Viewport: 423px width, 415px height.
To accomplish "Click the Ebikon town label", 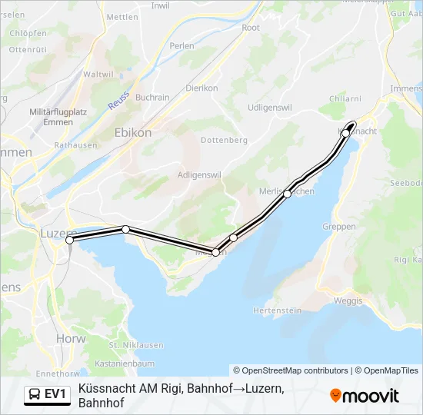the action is pyautogui.click(x=133, y=132).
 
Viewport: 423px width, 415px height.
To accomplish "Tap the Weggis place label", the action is pyautogui.click(x=348, y=300).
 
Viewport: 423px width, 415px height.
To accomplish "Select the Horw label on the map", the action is pyautogui.click(x=71, y=338).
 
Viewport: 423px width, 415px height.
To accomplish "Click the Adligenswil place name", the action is pyautogui.click(x=199, y=174).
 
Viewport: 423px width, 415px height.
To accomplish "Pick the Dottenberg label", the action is pyautogui.click(x=224, y=141).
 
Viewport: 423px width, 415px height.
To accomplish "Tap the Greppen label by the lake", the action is pyautogui.click(x=340, y=227).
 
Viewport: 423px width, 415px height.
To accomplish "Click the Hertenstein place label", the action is pyautogui.click(x=276, y=310).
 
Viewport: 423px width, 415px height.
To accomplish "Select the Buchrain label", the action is pyautogui.click(x=152, y=98).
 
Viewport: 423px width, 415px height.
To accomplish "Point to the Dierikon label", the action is pyautogui.click(x=202, y=88).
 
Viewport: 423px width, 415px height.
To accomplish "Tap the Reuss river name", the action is pyautogui.click(x=118, y=101).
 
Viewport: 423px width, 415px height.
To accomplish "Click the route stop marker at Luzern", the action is pyautogui.click(x=70, y=241).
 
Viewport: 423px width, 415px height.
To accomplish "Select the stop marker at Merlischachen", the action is pyautogui.click(x=287, y=194).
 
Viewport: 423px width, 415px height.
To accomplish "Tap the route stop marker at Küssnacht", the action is pyautogui.click(x=346, y=133).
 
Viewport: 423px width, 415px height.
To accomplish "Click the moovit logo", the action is pyautogui.click(x=365, y=395).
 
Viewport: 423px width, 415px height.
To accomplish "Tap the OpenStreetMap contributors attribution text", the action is pyautogui.click(x=291, y=370).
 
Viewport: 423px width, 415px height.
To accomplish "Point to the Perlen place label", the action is pyautogui.click(x=182, y=46).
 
